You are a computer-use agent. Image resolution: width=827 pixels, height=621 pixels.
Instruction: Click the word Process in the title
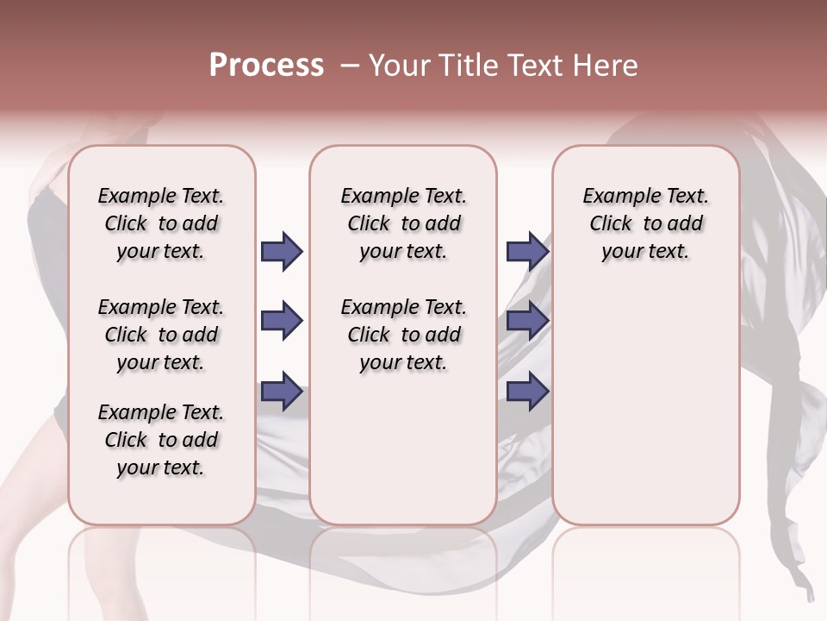coord(266,65)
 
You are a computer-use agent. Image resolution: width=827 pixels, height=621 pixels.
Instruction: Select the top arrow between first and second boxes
coord(282,252)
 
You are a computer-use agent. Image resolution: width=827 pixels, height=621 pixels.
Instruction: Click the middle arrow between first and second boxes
coord(282,322)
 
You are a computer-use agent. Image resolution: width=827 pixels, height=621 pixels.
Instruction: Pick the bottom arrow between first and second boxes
coord(282,392)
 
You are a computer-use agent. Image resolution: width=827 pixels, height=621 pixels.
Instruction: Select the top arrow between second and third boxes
coord(527,252)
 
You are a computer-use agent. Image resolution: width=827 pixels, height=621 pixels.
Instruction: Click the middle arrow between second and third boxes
coord(527,322)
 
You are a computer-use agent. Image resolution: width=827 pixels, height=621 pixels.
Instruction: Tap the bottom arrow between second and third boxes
coord(527,392)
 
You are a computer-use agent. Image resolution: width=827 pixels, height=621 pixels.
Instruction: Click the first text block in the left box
coord(161,223)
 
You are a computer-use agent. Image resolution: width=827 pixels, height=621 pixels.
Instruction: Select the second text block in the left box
coord(161,335)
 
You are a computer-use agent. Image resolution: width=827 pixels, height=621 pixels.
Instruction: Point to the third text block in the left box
coord(161,440)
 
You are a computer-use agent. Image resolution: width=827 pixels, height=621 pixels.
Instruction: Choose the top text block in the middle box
coord(403,223)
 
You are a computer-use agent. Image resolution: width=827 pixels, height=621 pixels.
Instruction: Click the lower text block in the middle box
coord(403,335)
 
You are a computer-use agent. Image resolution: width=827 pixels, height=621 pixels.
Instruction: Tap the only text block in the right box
coord(645,223)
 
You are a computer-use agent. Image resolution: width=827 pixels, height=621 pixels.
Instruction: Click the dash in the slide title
coord(349,66)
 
